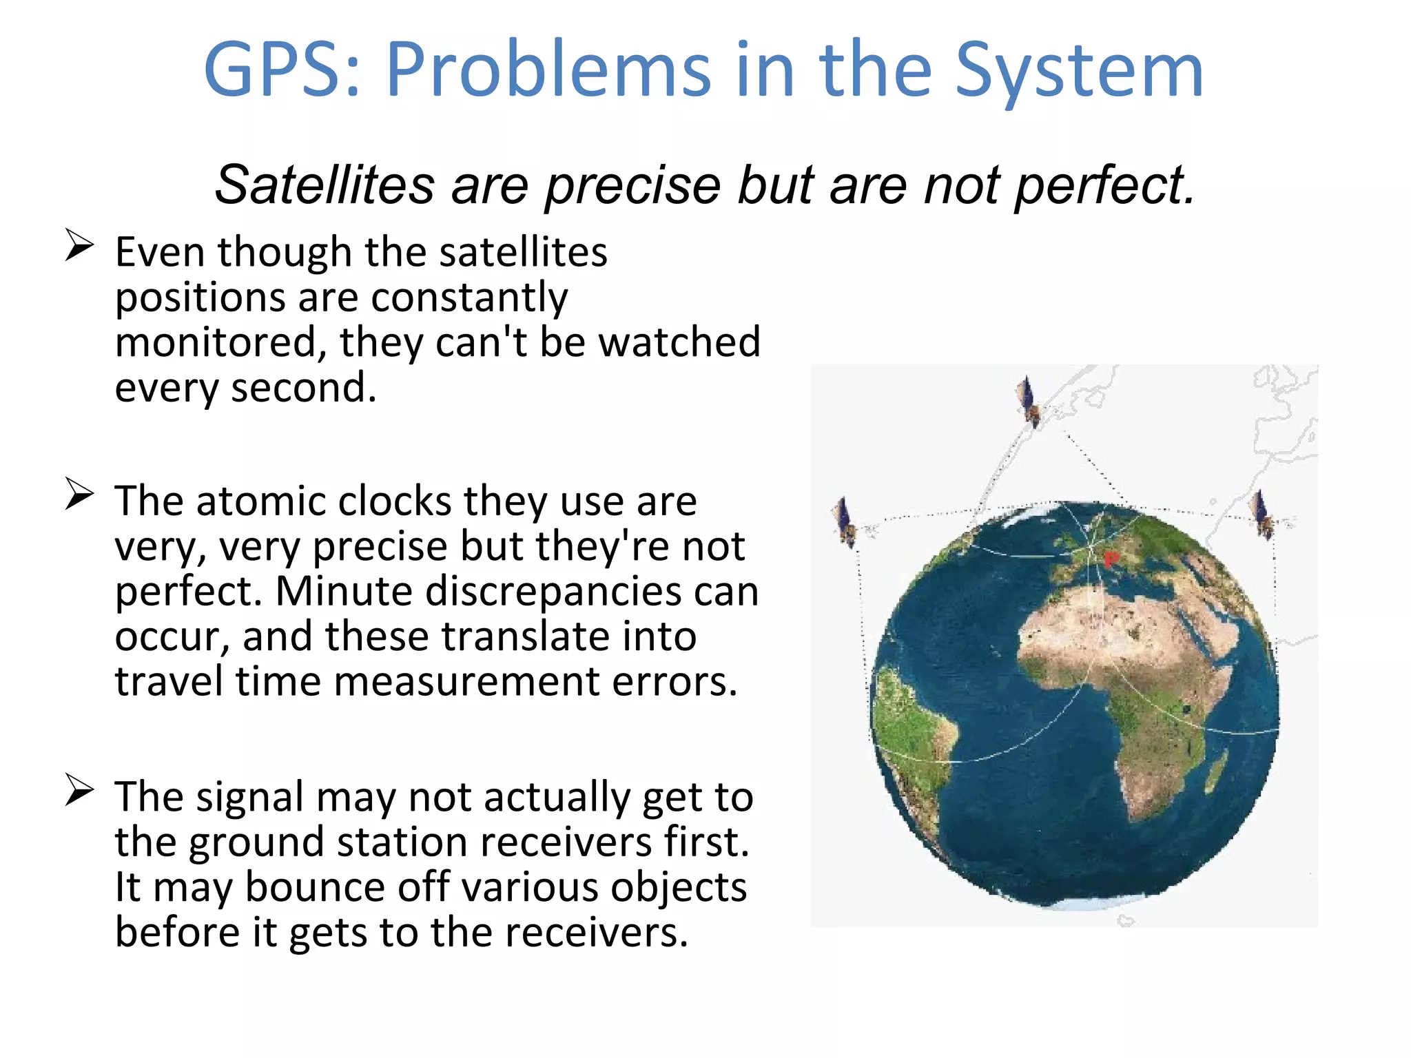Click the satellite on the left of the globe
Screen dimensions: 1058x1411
(845, 522)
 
